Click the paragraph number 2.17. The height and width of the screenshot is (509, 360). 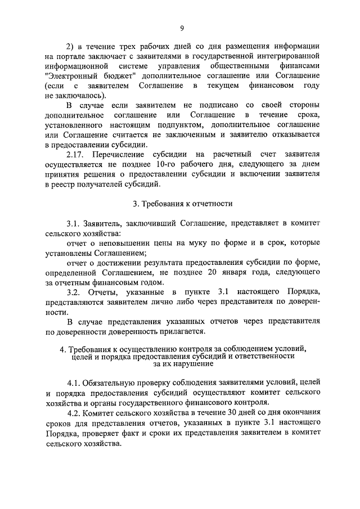76,154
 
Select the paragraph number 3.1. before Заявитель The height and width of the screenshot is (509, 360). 74,224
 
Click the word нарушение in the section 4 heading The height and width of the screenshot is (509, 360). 190,364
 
